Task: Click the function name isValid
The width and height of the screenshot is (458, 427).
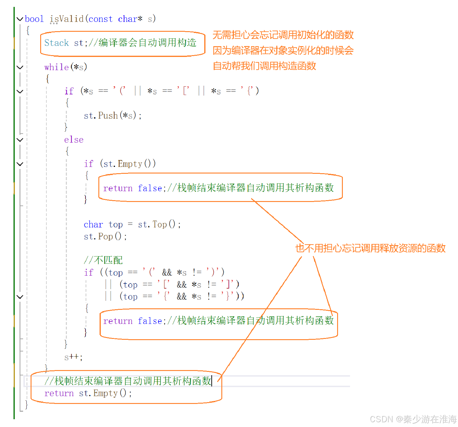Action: tap(67, 19)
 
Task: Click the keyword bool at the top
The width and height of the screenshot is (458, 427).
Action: tap(34, 19)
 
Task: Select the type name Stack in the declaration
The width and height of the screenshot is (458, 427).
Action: tap(56, 43)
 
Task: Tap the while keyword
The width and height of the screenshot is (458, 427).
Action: tap(56, 67)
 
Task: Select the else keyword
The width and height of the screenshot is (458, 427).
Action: tap(74, 140)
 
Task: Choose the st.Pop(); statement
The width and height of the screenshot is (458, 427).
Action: tap(105, 236)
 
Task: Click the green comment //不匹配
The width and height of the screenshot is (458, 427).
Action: tap(103, 260)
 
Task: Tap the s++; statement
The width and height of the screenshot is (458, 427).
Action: tap(73, 357)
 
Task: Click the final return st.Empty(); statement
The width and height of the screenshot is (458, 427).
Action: tap(88, 393)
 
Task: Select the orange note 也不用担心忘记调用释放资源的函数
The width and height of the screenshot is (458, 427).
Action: tap(370, 248)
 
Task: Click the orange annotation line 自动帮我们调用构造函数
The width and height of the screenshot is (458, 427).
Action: tap(264, 66)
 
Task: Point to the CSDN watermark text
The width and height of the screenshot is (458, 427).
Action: tap(413, 419)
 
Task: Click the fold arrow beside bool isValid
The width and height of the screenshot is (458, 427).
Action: tap(20, 19)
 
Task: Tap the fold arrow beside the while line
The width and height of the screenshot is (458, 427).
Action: tap(20, 67)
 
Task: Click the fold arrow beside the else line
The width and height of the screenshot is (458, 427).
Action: tap(20, 140)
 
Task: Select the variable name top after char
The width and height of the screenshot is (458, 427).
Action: tap(115, 224)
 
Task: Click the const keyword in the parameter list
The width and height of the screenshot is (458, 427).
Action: tap(100, 19)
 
